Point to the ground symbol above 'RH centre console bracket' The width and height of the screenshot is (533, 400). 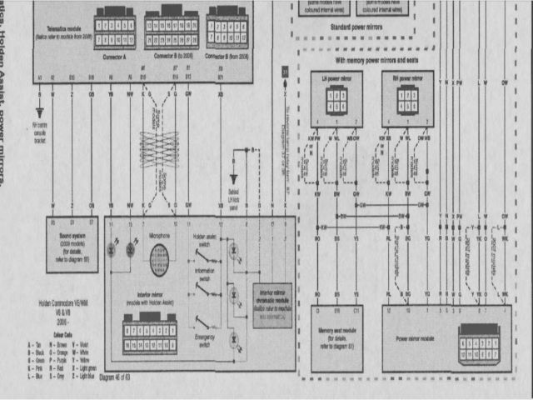pos(38,112)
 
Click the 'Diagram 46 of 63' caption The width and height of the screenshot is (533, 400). pos(114,377)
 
